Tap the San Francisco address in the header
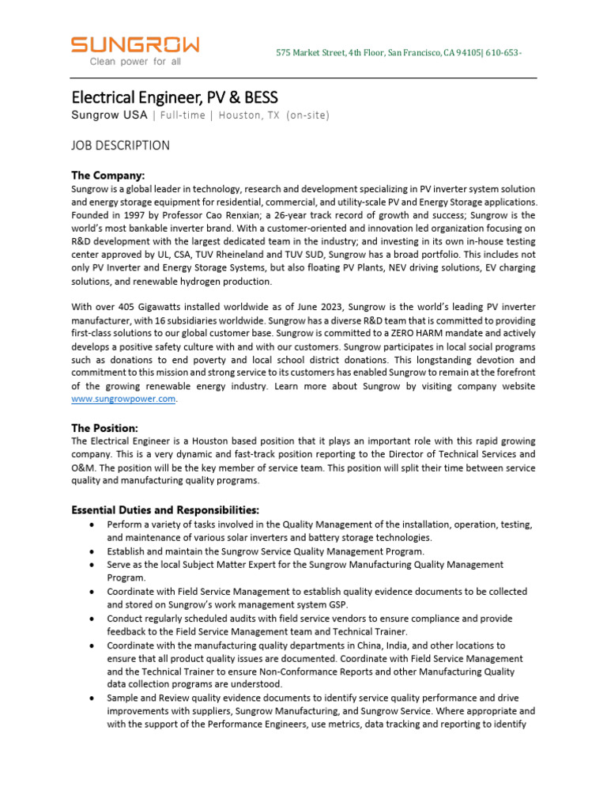[x=398, y=52]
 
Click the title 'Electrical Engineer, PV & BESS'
[x=175, y=97]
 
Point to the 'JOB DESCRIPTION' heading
[x=120, y=146]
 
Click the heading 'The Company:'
[x=108, y=175]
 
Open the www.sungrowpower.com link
[x=123, y=399]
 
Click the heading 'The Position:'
[x=105, y=427]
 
